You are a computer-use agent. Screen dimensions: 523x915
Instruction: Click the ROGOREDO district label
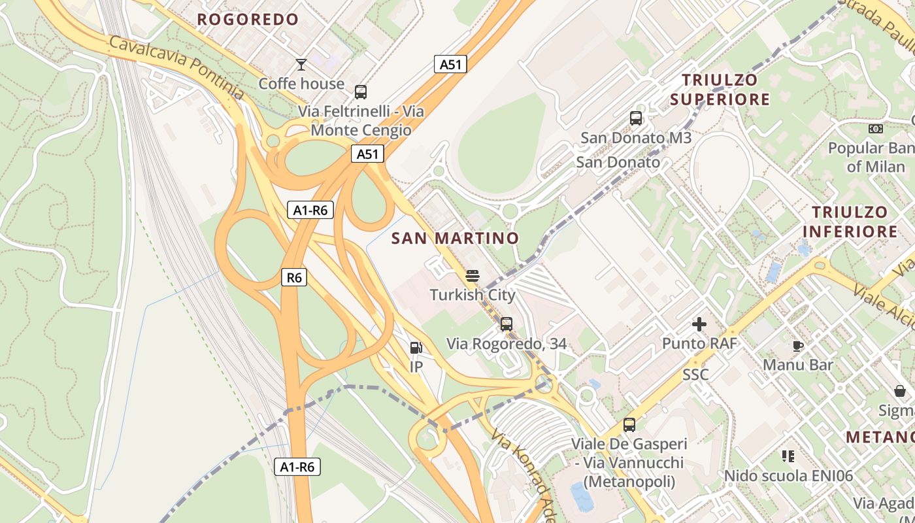coord(248,20)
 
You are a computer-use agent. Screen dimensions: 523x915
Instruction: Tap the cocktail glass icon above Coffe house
coord(301,64)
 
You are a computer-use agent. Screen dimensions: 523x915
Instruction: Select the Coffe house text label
coord(301,84)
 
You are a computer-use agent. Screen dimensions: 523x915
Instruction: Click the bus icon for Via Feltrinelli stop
coord(361,92)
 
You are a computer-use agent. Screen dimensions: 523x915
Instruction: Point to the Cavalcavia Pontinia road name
coord(176,68)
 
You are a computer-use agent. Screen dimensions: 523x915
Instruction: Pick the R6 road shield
coord(294,277)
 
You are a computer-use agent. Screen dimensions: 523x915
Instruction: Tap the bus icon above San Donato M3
coord(636,118)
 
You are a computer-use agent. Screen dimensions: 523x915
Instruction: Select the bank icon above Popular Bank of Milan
coord(876,129)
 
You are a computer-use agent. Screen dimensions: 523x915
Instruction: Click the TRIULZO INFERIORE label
coord(850,222)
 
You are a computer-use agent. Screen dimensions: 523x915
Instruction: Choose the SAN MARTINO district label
coord(455,238)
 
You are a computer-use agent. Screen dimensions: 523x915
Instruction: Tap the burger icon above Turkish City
coord(473,276)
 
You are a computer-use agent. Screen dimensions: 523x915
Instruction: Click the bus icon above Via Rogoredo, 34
coord(507,324)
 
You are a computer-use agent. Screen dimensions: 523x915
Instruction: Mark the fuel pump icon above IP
coord(416,348)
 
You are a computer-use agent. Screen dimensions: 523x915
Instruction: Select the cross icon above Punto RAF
coord(699,324)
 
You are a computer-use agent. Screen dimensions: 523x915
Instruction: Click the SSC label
coord(695,375)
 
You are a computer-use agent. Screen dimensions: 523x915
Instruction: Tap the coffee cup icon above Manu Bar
coord(797,345)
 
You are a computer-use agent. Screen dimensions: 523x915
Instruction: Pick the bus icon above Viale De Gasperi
coord(629,424)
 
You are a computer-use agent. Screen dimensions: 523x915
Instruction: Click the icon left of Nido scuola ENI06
coord(788,456)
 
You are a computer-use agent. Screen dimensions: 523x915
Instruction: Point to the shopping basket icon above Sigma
coord(900,391)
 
